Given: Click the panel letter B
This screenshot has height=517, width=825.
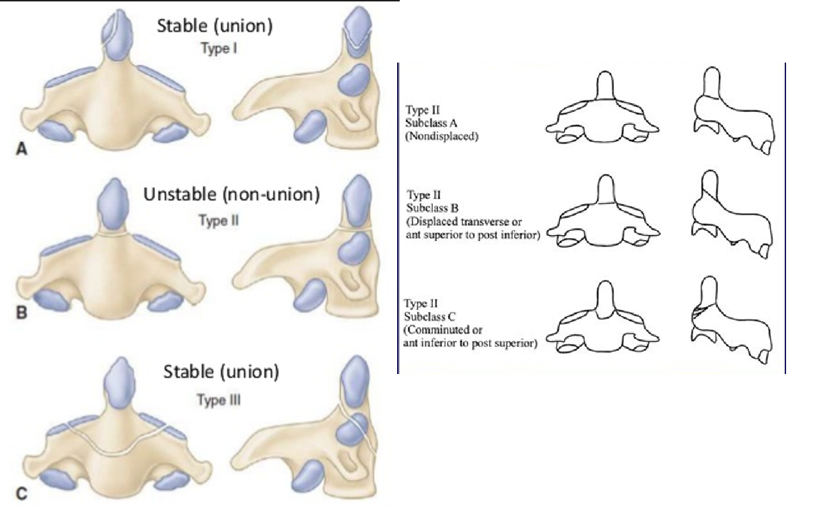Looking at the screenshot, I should click(x=20, y=315).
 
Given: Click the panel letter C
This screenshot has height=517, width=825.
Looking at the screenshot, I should click(x=20, y=492).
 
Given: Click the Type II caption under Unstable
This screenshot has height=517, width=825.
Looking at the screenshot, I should click(x=218, y=221).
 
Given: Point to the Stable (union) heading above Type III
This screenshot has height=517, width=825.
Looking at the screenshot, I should click(x=221, y=372).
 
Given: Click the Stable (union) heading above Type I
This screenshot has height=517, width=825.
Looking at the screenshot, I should click(x=216, y=26).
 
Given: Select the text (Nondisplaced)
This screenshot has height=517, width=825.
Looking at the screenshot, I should click(x=442, y=136).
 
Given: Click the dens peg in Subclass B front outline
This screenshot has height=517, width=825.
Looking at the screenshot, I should click(x=606, y=190).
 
